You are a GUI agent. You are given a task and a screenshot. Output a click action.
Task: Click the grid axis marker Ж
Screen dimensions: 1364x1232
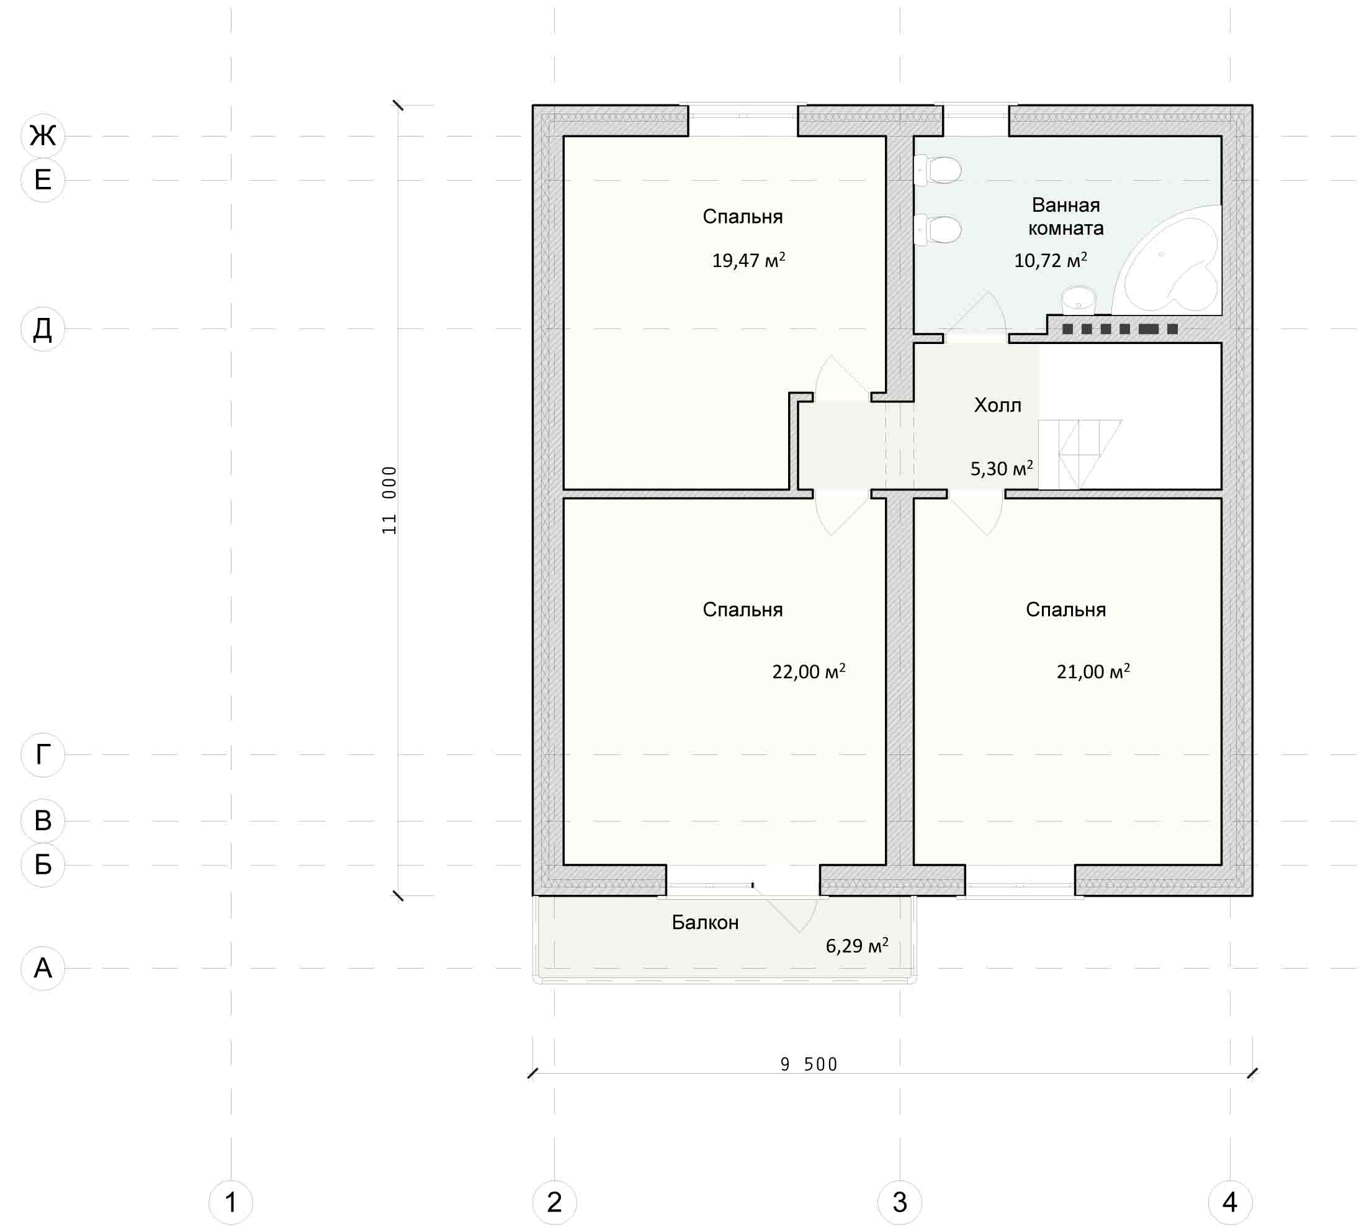click(x=43, y=135)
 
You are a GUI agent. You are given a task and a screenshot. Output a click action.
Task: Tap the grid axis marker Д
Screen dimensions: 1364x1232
click(x=43, y=329)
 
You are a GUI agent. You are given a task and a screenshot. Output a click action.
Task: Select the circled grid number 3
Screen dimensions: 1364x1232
click(x=900, y=1202)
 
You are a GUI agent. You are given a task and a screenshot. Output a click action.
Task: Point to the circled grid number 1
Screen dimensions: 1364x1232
click(x=231, y=1202)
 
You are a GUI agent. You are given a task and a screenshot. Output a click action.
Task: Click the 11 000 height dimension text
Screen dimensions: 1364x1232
click(x=389, y=500)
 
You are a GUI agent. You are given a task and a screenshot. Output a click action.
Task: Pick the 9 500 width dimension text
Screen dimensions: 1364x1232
click(x=809, y=1065)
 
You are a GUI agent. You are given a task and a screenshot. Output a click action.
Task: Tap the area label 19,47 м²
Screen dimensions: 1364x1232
click(x=748, y=260)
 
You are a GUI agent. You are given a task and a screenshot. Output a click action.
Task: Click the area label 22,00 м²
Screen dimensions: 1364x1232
click(x=809, y=671)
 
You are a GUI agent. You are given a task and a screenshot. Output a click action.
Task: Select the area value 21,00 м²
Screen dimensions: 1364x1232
click(x=1093, y=671)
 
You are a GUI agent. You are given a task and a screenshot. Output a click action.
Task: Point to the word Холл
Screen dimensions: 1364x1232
click(x=997, y=405)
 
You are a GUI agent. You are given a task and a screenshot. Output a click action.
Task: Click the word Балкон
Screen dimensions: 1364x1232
click(x=705, y=922)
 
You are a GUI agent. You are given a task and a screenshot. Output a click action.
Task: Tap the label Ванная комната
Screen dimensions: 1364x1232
click(x=1066, y=216)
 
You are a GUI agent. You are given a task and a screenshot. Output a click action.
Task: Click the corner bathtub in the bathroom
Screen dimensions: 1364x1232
click(x=1167, y=261)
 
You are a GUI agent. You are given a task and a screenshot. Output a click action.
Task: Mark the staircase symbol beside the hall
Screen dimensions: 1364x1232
click(x=1080, y=454)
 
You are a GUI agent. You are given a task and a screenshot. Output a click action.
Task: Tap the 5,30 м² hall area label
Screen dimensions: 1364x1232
click(x=1002, y=468)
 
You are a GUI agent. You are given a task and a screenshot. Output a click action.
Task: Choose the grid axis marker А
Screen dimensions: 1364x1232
click(x=43, y=968)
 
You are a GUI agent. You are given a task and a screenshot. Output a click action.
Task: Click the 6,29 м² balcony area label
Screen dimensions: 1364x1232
click(x=856, y=945)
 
